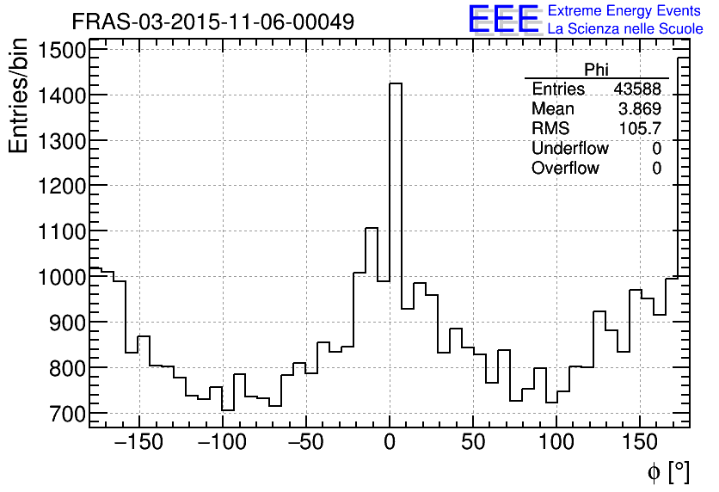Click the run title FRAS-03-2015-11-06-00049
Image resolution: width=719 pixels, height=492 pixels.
point(212,22)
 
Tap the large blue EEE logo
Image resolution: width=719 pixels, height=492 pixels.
point(503,20)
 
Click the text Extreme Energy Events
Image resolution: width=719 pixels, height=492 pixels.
point(625,11)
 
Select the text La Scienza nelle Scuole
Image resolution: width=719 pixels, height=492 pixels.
point(625,29)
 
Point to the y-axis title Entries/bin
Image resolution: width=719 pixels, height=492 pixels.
point(19,97)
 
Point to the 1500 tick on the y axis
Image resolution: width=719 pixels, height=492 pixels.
point(61,51)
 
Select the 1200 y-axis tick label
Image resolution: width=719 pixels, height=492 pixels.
point(61,187)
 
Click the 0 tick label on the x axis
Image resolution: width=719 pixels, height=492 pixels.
point(390,444)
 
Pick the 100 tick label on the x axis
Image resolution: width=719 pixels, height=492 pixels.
point(556,444)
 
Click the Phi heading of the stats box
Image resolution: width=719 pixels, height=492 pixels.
point(596,70)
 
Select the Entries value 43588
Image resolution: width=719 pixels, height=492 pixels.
point(637,89)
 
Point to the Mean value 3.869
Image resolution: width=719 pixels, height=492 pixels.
point(640,109)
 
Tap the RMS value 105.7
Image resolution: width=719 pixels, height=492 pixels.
point(641,129)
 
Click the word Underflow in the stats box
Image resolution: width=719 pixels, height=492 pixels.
point(569,149)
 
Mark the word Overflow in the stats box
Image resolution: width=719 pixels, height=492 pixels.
point(565,169)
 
